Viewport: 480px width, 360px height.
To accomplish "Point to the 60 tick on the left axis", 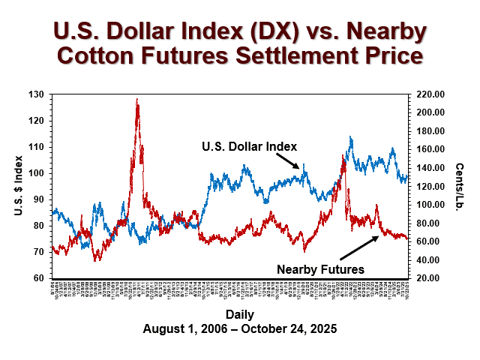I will click(x=38, y=278).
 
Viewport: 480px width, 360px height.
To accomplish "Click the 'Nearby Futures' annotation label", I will click(x=320, y=268).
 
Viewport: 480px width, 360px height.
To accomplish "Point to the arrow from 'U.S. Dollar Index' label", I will click(x=288, y=159).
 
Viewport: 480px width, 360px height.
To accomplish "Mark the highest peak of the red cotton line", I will click(x=136, y=99).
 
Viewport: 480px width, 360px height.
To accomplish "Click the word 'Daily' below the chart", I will click(x=238, y=314).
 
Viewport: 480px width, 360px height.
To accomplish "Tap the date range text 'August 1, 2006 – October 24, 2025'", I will click(x=238, y=328).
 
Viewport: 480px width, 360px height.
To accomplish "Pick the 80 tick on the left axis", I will click(x=38, y=226).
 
